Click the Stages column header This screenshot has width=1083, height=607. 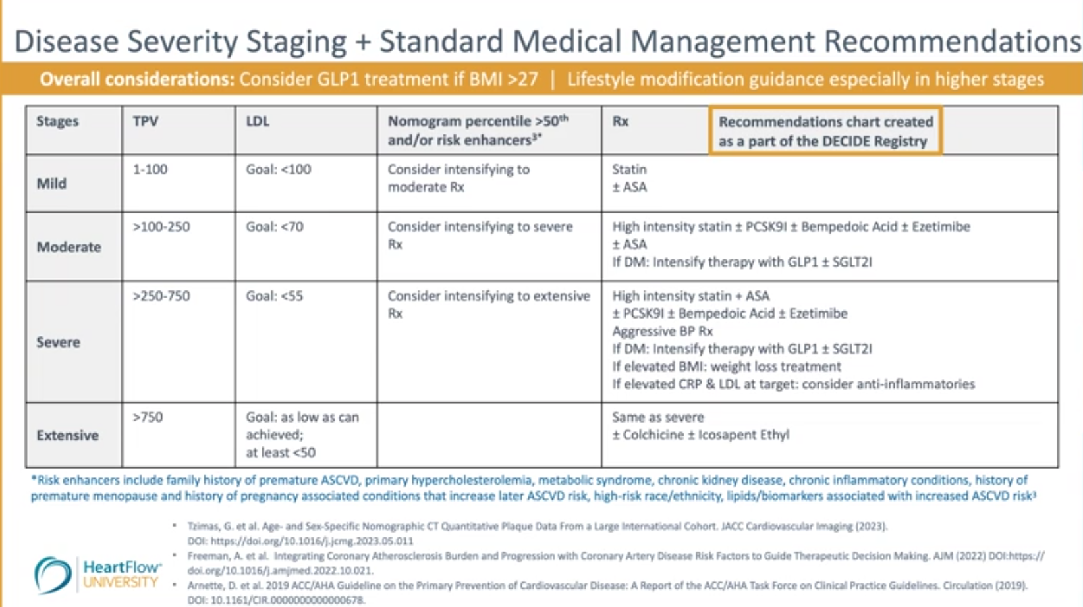pos(57,121)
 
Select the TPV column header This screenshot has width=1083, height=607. pos(146,121)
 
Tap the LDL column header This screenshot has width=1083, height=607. pos(258,121)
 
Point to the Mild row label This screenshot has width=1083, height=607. pos(51,184)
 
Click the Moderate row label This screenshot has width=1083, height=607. pos(69,247)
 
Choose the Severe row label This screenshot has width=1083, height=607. pos(58,342)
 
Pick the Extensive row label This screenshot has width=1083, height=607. pos(67,435)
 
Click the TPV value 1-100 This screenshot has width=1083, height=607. pos(150,170)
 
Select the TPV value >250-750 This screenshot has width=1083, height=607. pos(161,296)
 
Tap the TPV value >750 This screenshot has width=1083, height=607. pos(148,417)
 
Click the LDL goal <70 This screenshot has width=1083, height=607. pos(275,227)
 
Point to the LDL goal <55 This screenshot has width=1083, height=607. pos(275,296)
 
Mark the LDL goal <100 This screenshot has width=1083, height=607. pos(278,170)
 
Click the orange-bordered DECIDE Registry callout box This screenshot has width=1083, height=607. pos(825,131)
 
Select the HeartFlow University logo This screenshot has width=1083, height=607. pos(97,574)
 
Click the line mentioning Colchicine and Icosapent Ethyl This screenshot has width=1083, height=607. pos(700,435)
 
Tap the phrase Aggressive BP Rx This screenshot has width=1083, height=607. pos(662,331)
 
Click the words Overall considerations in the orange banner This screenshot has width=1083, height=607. pos(137,80)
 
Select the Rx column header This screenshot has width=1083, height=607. pos(621,121)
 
